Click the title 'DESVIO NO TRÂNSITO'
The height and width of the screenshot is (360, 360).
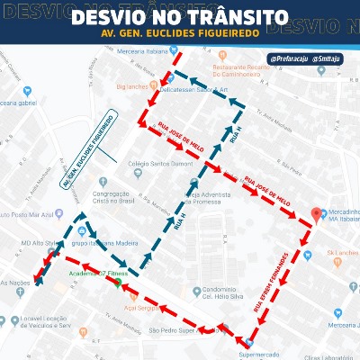(179, 18)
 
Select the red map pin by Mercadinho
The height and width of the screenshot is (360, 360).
(316, 214)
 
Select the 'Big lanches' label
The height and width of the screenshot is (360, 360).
(131, 89)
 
